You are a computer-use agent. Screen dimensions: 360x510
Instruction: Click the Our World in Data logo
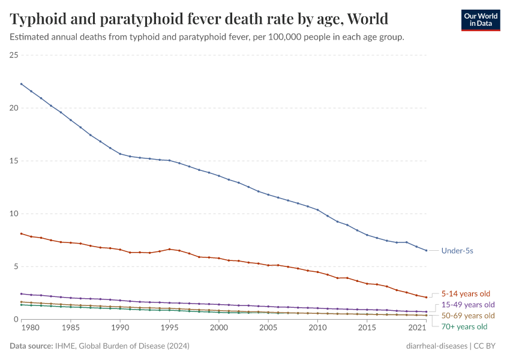480,19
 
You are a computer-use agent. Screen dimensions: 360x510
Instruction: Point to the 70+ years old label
464,327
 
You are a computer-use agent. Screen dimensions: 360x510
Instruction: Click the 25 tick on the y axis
14,55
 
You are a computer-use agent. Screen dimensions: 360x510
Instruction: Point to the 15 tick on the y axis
14,161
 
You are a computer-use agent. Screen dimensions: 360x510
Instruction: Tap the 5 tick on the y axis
16,266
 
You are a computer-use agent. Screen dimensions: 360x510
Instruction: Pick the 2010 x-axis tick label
317,329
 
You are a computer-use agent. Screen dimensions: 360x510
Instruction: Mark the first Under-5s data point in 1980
22,84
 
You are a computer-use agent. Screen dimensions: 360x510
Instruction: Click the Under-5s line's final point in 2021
426,250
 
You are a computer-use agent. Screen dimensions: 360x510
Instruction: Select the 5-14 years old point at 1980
22,233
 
